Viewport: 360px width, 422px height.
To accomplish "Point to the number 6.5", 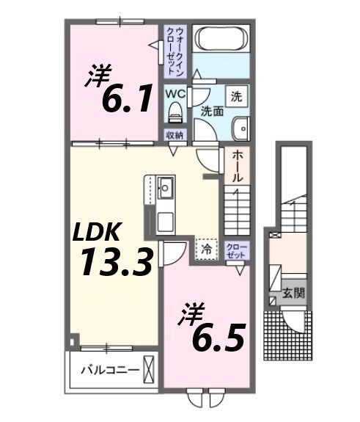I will click(x=218, y=336).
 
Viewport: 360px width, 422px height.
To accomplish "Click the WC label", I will click(x=175, y=94).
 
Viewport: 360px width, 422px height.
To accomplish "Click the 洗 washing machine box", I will click(x=237, y=95).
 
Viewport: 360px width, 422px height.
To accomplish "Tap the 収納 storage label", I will click(x=175, y=135).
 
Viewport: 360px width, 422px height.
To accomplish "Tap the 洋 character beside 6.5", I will click(x=188, y=315).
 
